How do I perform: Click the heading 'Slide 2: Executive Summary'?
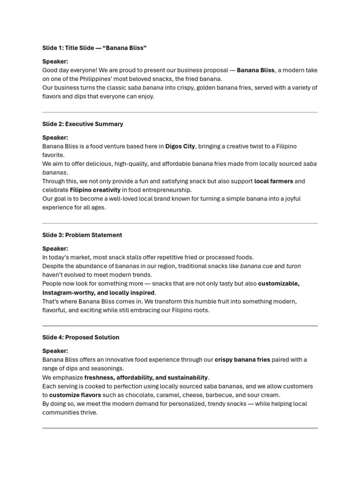pos(82,124)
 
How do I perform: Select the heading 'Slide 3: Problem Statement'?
pos(82,235)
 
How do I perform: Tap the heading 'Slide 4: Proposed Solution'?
pos(81,337)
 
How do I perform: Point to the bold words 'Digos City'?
pos(180,146)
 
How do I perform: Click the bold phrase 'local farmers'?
pos(273,181)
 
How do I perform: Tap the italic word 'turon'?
pos(293,266)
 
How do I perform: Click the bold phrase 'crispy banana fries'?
pos(242,360)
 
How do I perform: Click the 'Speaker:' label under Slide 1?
pos(55,61)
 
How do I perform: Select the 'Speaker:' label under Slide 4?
pos(55,351)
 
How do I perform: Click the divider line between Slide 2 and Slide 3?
pos(180,223)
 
